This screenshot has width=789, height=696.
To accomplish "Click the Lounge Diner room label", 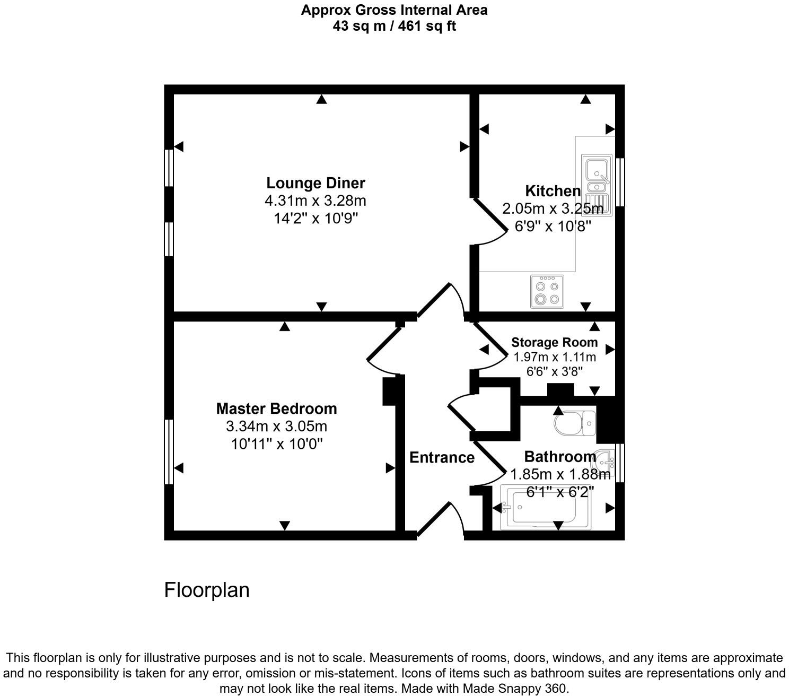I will [315, 183].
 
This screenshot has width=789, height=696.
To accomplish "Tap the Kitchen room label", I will [553, 191].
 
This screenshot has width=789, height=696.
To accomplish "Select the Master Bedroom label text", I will [276, 408].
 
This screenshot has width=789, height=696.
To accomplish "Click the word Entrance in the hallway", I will [442, 457].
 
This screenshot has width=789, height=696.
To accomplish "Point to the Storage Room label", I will [554, 342].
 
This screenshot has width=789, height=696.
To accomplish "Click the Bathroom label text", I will [560, 457].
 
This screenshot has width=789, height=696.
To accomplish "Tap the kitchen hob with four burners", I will [547, 292].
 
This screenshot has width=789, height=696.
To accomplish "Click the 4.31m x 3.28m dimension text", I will [315, 201].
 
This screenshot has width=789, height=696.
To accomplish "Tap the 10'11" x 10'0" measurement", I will [277, 443].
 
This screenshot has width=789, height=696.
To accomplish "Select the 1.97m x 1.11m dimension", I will [555, 357].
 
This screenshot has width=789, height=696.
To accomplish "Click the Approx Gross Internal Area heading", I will [394, 10].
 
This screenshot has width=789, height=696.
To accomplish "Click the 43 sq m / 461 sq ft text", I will [394, 25].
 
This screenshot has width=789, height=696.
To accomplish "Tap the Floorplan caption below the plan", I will [206, 590].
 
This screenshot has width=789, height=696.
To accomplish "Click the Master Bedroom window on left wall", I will [169, 451].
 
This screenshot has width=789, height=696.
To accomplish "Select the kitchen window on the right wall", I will [620, 182].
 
